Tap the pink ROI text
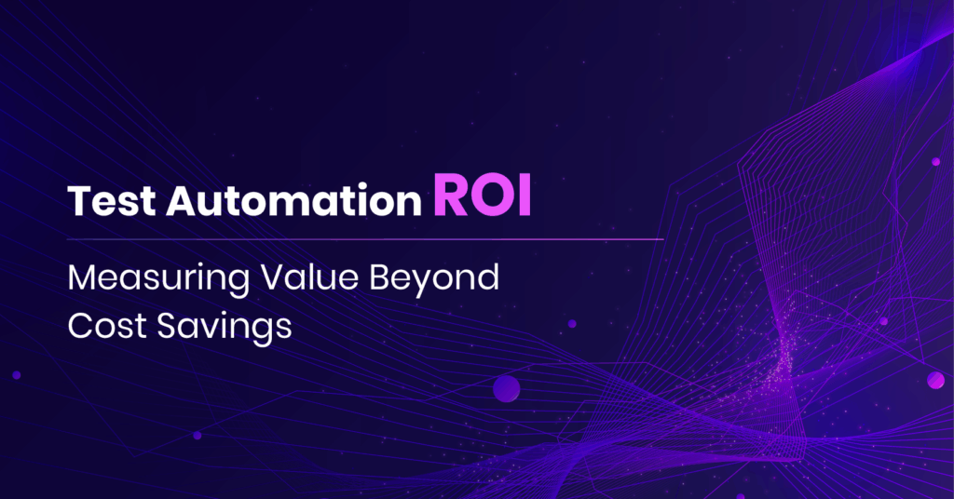coord(482,196)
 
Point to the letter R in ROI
coord(450,196)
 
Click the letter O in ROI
coord(490,196)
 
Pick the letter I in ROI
coord(523,196)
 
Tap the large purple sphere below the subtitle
coord(506,387)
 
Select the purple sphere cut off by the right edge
coord(935,380)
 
